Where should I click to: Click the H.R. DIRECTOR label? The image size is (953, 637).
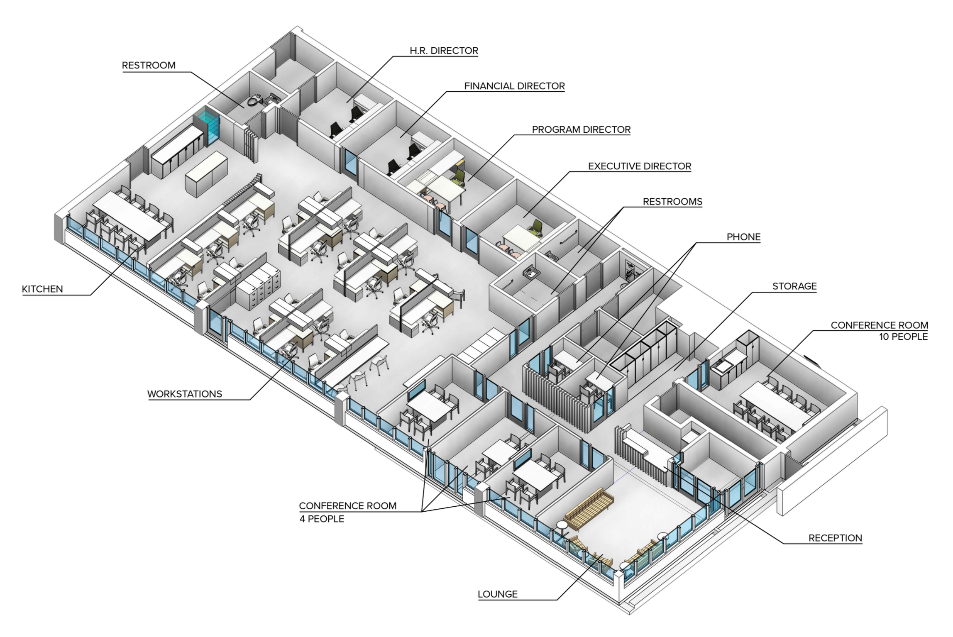pos(444,51)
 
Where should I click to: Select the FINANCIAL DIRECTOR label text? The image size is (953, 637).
pos(514,86)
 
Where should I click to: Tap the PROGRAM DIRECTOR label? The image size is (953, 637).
pos(581,129)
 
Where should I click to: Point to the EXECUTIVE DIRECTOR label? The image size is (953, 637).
pos(639,166)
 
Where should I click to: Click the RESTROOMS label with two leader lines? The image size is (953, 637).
pos(672,202)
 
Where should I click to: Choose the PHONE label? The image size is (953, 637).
pos(743,237)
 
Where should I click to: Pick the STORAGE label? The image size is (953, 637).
pos(794,286)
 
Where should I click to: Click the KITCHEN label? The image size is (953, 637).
pos(42,289)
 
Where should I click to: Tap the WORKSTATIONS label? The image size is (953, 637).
pos(185,394)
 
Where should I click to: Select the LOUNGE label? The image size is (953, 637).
pos(497,594)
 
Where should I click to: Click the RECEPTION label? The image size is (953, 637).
pos(835,538)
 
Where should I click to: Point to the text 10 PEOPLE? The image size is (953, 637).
pos(903,337)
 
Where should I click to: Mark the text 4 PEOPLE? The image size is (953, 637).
pos(322,519)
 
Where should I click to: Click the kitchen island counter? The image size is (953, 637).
pos(207,173)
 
